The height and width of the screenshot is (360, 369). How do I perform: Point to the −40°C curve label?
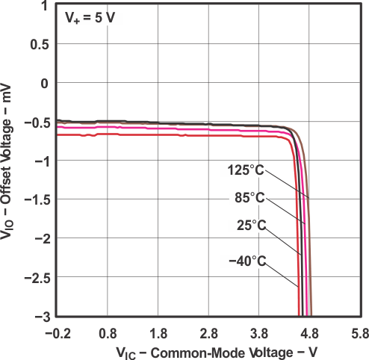coord(247,261)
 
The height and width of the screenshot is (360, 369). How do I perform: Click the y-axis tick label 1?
coord(46,6)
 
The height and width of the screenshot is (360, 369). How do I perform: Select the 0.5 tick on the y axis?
coord(40,44)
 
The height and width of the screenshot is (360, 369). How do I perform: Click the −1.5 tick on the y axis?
coord(37,199)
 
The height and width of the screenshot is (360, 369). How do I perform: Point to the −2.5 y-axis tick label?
coord(37,277)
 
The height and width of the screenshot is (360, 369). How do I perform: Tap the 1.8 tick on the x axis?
coord(159,332)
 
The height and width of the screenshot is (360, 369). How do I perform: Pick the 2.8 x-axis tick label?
coord(209,332)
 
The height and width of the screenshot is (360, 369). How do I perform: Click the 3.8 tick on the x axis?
coord(259,332)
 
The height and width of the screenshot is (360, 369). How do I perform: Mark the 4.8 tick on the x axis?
coord(309,332)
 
